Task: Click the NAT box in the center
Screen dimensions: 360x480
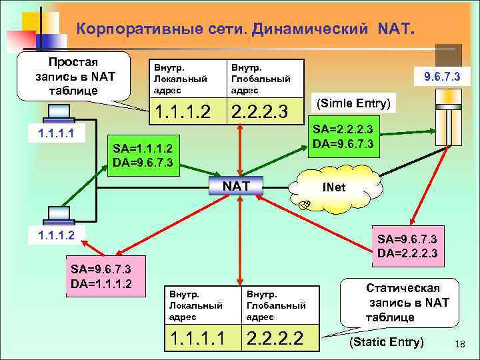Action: point(236,186)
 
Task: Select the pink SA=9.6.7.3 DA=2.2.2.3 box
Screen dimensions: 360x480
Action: point(407,246)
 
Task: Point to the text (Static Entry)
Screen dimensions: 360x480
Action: point(387,343)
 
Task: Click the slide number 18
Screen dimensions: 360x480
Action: point(459,343)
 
